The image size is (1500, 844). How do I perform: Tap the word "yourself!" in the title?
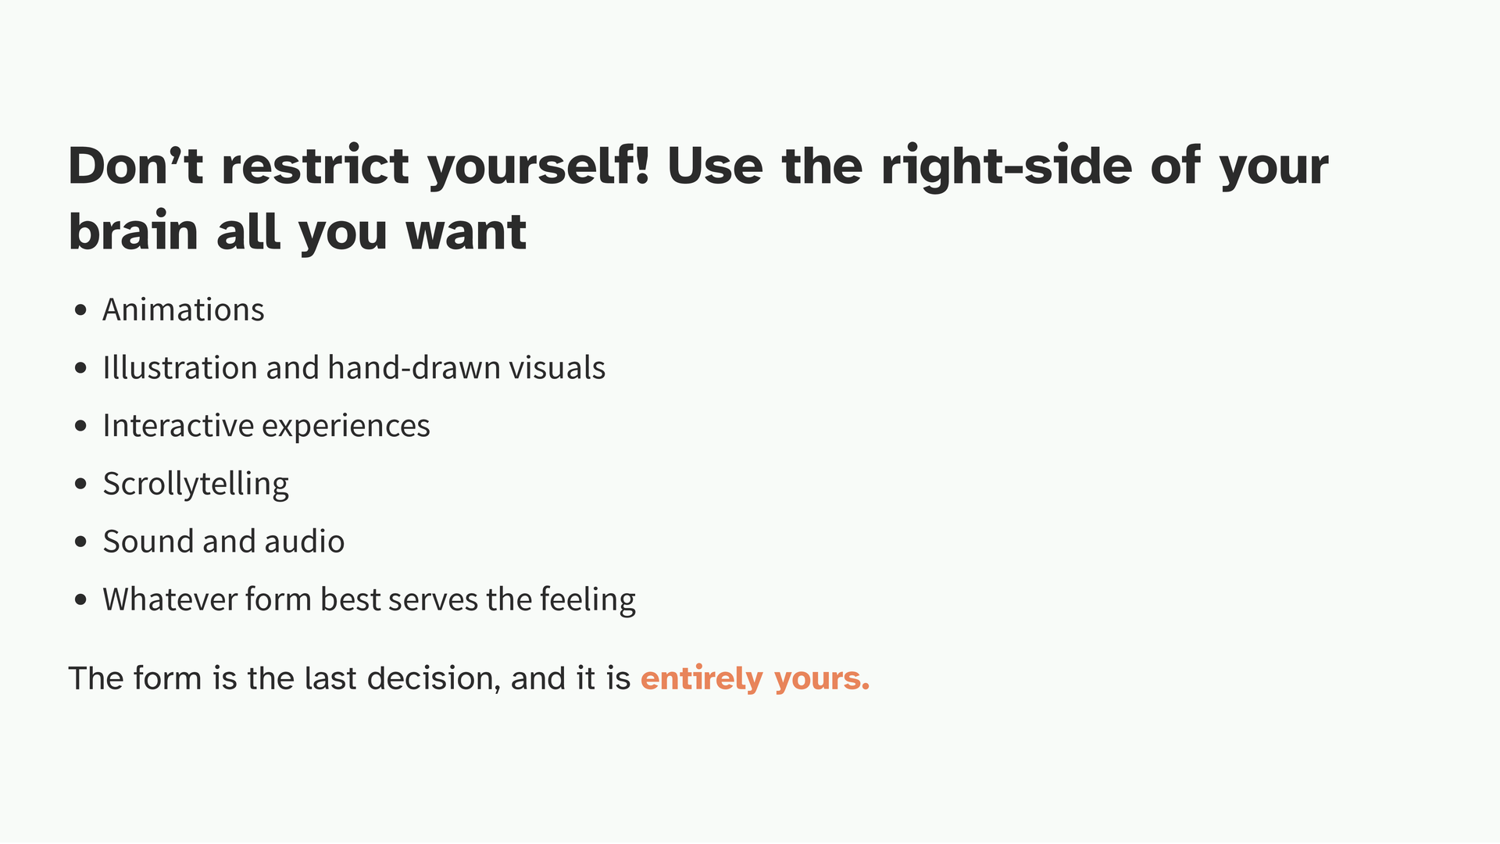pyautogui.click(x=539, y=167)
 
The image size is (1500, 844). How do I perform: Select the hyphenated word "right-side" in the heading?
pyautogui.click(x=1006, y=167)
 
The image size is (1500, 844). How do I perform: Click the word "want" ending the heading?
pyautogui.click(x=466, y=233)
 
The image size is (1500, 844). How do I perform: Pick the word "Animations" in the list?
pyautogui.click(x=184, y=309)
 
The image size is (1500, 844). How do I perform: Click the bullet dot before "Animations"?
pyautogui.click(x=80, y=310)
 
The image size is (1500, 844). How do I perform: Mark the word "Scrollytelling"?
pyautogui.click(x=196, y=485)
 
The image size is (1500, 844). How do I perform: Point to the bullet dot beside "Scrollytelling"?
pyautogui.click(x=80, y=484)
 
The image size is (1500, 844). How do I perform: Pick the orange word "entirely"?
pyautogui.click(x=702, y=679)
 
